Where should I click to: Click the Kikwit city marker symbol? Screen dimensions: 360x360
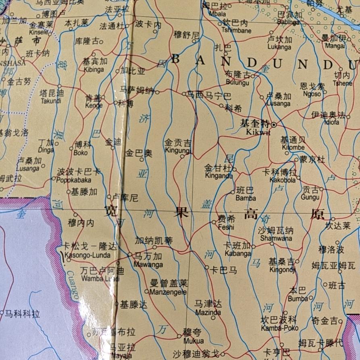coord(274,125)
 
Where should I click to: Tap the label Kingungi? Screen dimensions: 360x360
coord(178,150)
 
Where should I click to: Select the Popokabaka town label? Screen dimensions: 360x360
coord(74,180)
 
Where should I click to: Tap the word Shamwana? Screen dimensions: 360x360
coord(276,238)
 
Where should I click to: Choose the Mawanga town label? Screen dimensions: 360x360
coord(148,265)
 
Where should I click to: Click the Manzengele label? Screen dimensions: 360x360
coord(168,292)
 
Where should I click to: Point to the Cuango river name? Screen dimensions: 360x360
coord(73,285)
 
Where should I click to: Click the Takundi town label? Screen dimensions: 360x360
coord(51,101)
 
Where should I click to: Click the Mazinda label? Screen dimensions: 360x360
coord(208,312)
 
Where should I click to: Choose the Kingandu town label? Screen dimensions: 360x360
coord(219,176)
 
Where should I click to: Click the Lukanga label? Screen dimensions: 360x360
coord(279,47)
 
